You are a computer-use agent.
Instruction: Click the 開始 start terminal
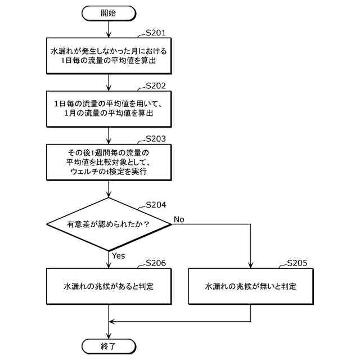point(109,12)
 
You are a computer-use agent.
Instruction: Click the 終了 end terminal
point(109,345)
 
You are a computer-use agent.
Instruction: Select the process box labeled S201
point(109,55)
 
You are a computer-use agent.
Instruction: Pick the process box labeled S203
point(109,161)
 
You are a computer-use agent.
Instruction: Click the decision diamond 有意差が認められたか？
point(109,224)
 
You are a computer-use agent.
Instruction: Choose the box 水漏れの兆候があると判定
point(109,286)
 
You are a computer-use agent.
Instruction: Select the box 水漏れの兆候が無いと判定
point(250,286)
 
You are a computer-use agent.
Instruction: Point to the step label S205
point(297,263)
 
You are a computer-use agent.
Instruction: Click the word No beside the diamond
point(179,218)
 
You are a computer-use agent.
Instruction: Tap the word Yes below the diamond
point(118,256)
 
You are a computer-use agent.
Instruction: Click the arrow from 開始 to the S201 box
point(109,29)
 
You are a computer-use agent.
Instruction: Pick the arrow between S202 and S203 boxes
point(109,134)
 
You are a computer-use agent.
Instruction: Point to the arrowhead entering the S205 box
point(250,264)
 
